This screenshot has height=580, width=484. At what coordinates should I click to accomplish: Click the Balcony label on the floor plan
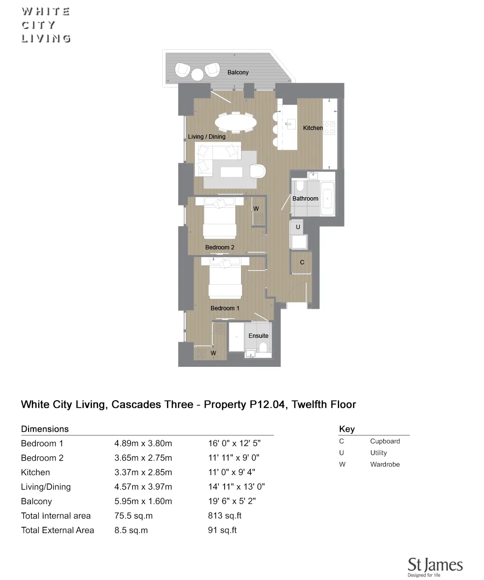click(238, 72)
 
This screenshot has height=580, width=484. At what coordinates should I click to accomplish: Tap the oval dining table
click(236, 122)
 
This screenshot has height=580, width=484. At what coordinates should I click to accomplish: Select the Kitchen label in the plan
click(313, 128)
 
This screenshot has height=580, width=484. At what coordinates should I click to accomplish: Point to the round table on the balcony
click(197, 74)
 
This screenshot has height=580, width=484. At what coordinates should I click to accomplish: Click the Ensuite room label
click(258, 336)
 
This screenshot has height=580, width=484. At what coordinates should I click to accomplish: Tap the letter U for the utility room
click(298, 227)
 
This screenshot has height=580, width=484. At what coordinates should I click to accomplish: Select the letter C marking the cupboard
click(302, 262)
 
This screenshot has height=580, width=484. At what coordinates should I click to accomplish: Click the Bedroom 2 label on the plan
click(220, 247)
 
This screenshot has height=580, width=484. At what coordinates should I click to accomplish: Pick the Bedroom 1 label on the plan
click(225, 308)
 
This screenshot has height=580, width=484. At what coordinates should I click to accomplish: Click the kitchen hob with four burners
click(329, 128)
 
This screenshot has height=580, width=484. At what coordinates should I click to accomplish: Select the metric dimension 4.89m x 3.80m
click(143, 443)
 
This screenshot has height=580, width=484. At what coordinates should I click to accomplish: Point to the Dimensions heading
click(45, 429)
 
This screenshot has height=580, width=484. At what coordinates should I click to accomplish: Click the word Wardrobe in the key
click(385, 464)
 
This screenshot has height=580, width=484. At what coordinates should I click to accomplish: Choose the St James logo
click(435, 567)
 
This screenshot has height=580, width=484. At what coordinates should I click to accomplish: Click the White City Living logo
click(46, 25)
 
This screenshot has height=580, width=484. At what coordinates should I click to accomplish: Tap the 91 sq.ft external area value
click(222, 530)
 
